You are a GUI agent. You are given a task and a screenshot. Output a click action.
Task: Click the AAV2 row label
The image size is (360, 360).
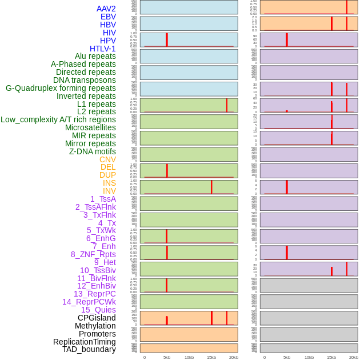(106, 9)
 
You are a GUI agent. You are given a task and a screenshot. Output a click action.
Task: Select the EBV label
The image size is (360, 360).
(108, 17)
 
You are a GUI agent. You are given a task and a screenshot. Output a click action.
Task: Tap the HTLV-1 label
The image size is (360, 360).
(103, 49)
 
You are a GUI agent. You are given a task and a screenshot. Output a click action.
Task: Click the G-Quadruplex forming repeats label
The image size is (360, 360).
(61, 88)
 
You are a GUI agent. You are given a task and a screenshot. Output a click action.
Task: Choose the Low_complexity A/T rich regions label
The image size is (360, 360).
(58, 119)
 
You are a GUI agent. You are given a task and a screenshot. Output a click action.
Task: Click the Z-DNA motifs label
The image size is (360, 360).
(93, 151)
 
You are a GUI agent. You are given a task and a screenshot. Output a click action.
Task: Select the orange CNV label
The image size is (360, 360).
(107, 159)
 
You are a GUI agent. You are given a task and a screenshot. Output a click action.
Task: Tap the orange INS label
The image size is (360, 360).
(109, 183)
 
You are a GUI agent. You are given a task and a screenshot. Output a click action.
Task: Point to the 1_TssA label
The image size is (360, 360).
(103, 199)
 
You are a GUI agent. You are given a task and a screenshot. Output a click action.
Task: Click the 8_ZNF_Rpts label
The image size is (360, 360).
(93, 254)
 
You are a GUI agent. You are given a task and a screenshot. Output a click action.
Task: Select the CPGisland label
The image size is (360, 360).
(97, 318)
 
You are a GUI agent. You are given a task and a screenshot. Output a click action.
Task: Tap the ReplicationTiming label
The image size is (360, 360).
(85, 342)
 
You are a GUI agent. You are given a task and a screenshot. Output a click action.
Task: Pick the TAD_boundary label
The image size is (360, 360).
(89, 349)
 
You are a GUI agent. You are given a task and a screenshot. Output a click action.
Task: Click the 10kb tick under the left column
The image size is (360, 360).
(189, 357)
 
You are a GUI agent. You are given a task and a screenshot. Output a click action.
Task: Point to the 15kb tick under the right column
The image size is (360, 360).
(331, 357)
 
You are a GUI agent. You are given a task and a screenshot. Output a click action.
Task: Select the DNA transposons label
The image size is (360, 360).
(85, 80)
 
